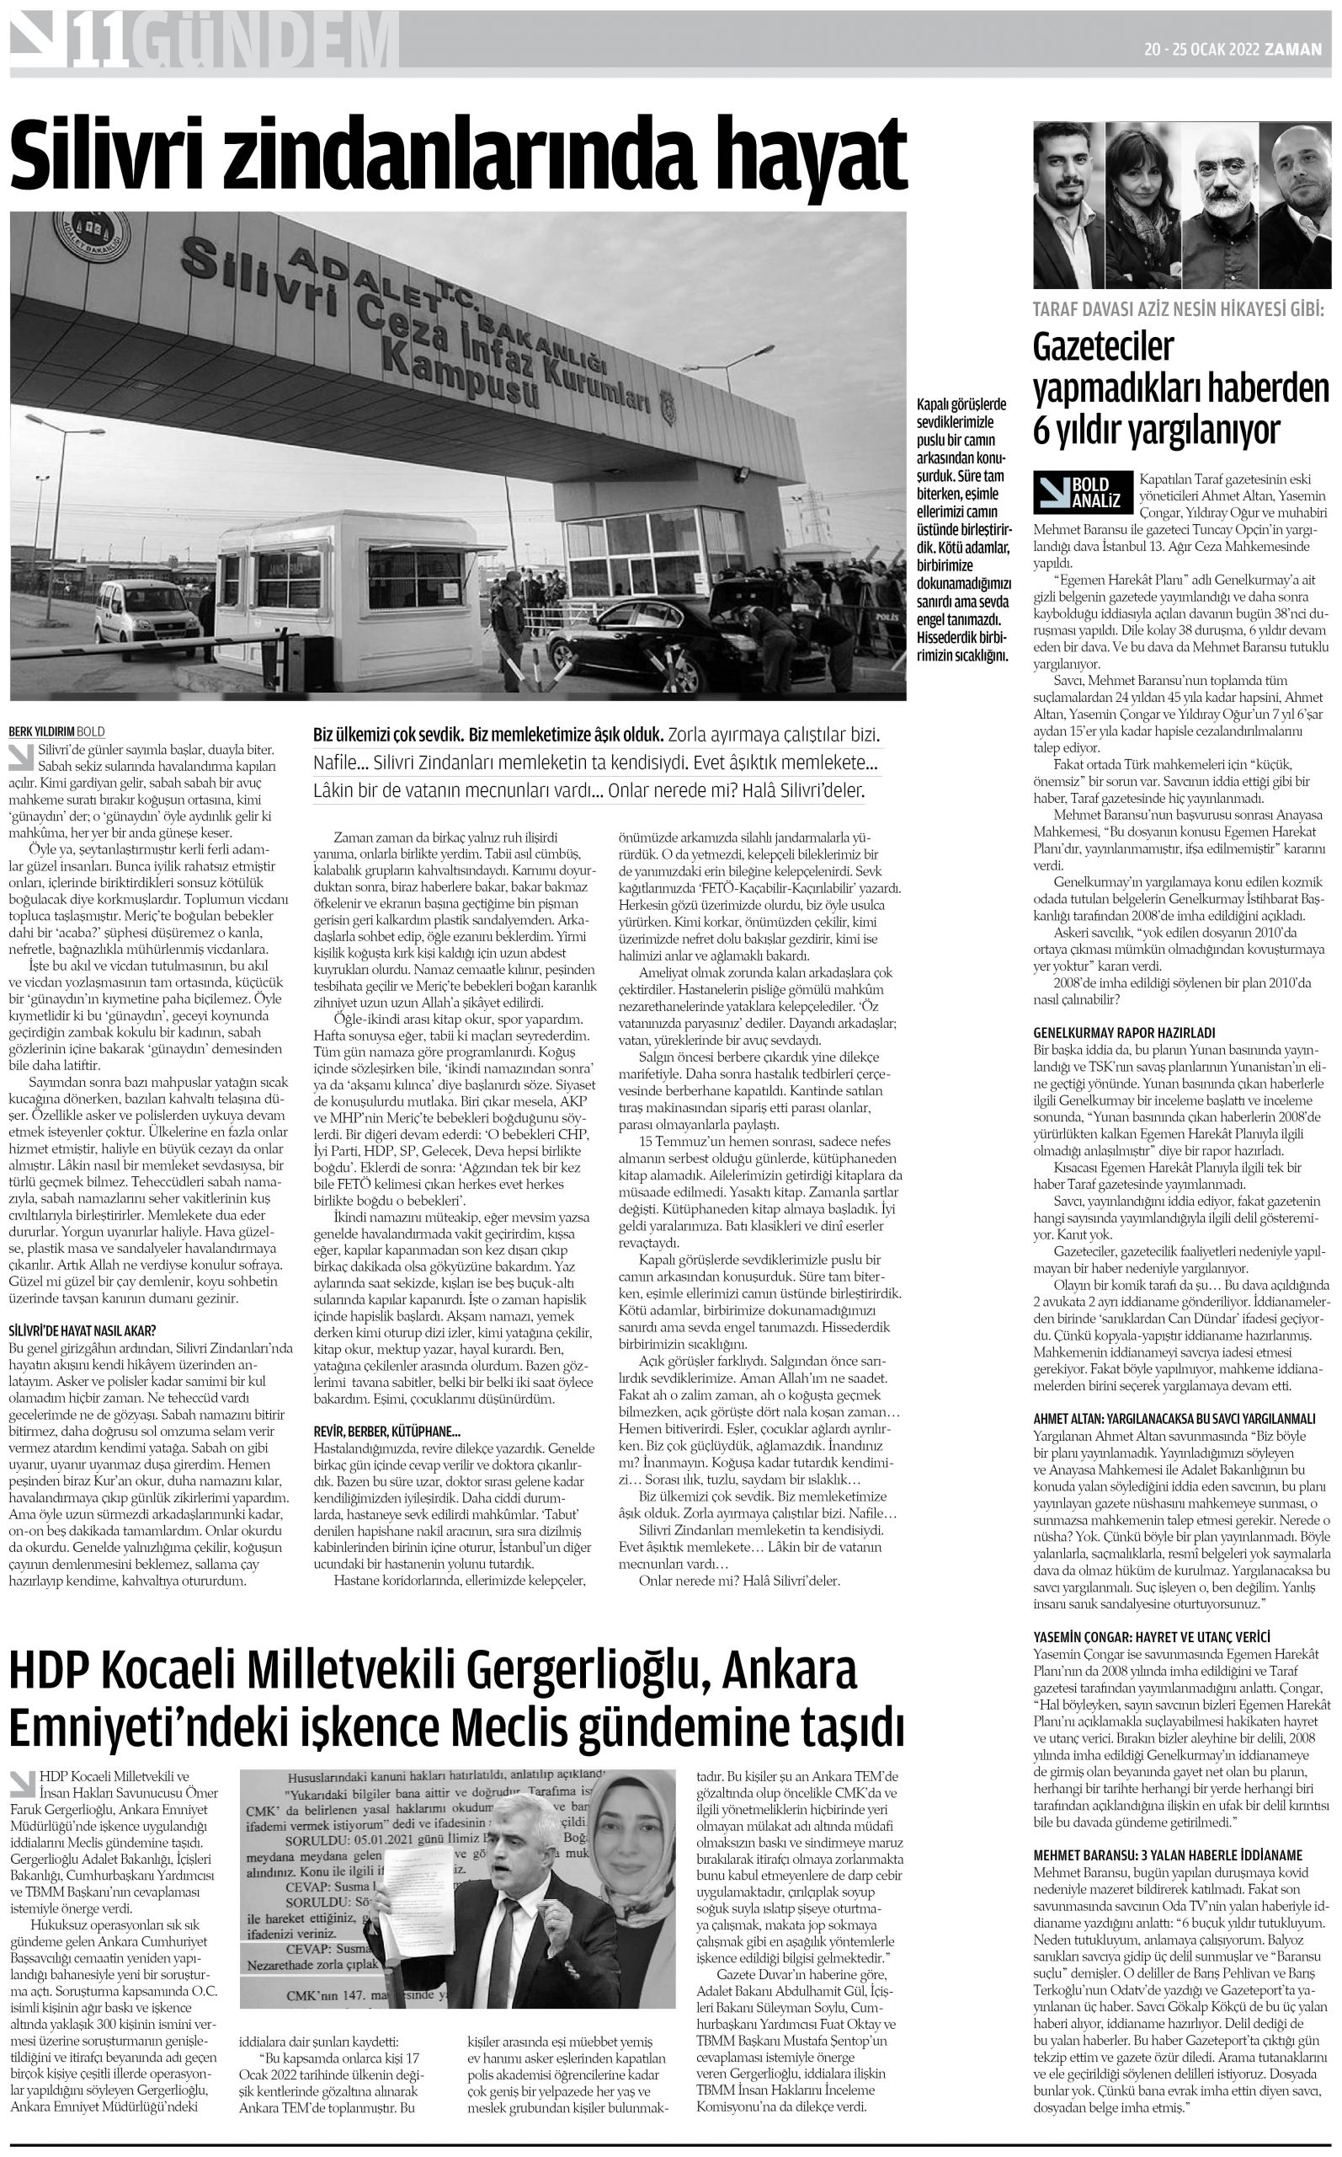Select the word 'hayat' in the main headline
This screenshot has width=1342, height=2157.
pos(809,153)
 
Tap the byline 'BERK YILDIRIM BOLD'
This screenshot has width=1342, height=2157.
pos(56,732)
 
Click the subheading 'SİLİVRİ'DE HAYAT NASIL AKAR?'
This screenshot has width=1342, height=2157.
pos(83,1330)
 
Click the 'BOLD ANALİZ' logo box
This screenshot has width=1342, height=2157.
pos(1083,492)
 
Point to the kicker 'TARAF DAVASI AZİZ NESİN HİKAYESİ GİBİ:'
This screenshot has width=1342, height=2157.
pos(1179,310)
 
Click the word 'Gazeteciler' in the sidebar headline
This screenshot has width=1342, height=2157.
pos(1102,348)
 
